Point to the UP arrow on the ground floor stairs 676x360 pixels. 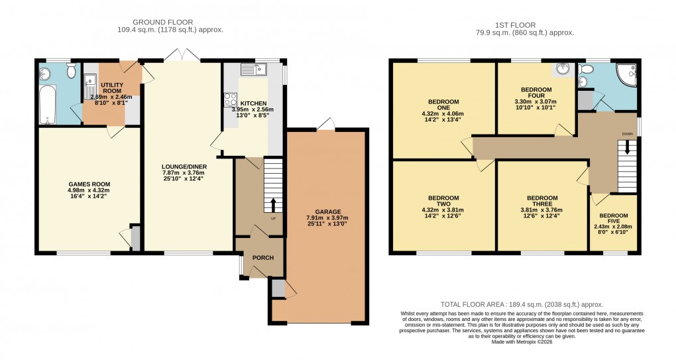(x=272, y=205)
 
